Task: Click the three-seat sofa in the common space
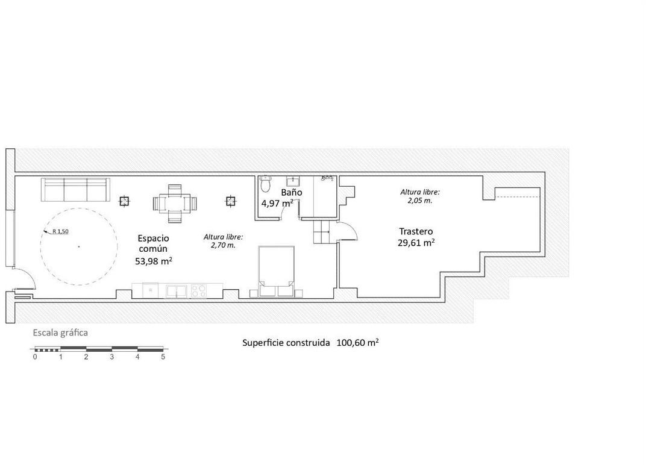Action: pos(75,190)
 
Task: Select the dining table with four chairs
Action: pos(175,203)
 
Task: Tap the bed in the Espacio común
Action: pos(276,271)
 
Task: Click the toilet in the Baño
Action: pos(265,184)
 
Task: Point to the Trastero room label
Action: pos(416,231)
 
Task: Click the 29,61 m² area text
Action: pos(416,243)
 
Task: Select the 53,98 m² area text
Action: pos(153,261)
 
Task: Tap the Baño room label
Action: pos(292,192)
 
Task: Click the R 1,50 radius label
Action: pos(60,231)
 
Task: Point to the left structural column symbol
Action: pos(124,201)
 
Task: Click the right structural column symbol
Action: pos(231,201)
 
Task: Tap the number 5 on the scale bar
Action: pos(163,357)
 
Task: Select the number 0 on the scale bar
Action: pos(35,357)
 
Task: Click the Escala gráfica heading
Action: pos(60,333)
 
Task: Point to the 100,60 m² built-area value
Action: pos(357,343)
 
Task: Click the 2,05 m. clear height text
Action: pos(420,201)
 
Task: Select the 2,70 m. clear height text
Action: pos(223,246)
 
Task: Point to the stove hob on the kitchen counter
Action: pos(199,291)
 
